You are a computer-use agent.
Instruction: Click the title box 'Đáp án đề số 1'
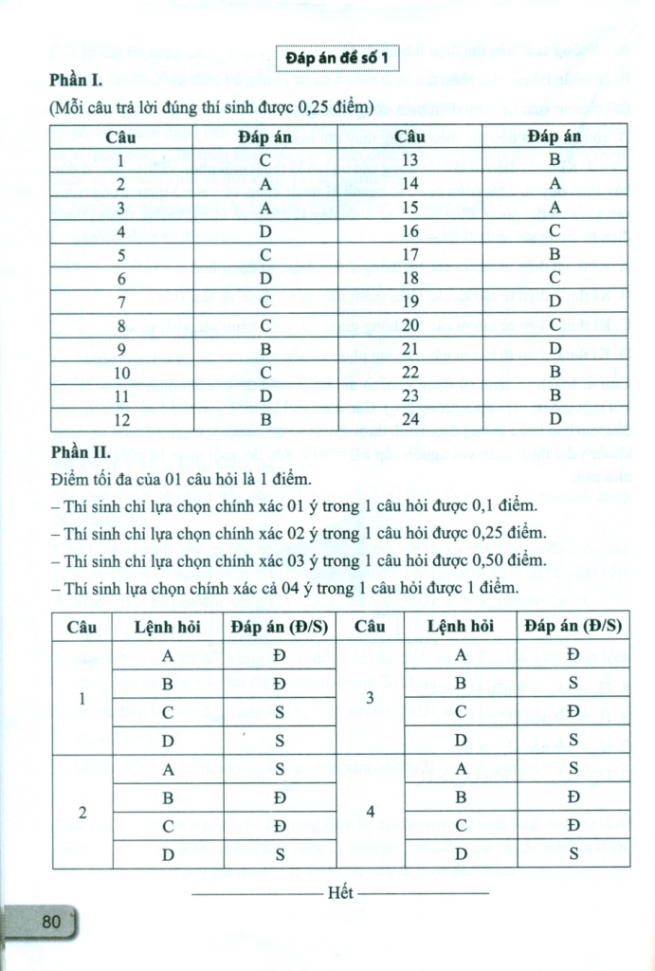click(x=338, y=61)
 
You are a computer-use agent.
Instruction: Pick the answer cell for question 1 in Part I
click(x=265, y=160)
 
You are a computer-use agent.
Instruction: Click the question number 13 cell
click(x=410, y=160)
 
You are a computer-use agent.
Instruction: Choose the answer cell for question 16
click(x=555, y=230)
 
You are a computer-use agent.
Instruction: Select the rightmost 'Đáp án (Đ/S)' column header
click(x=573, y=627)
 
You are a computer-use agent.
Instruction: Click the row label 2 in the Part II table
click(x=82, y=813)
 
